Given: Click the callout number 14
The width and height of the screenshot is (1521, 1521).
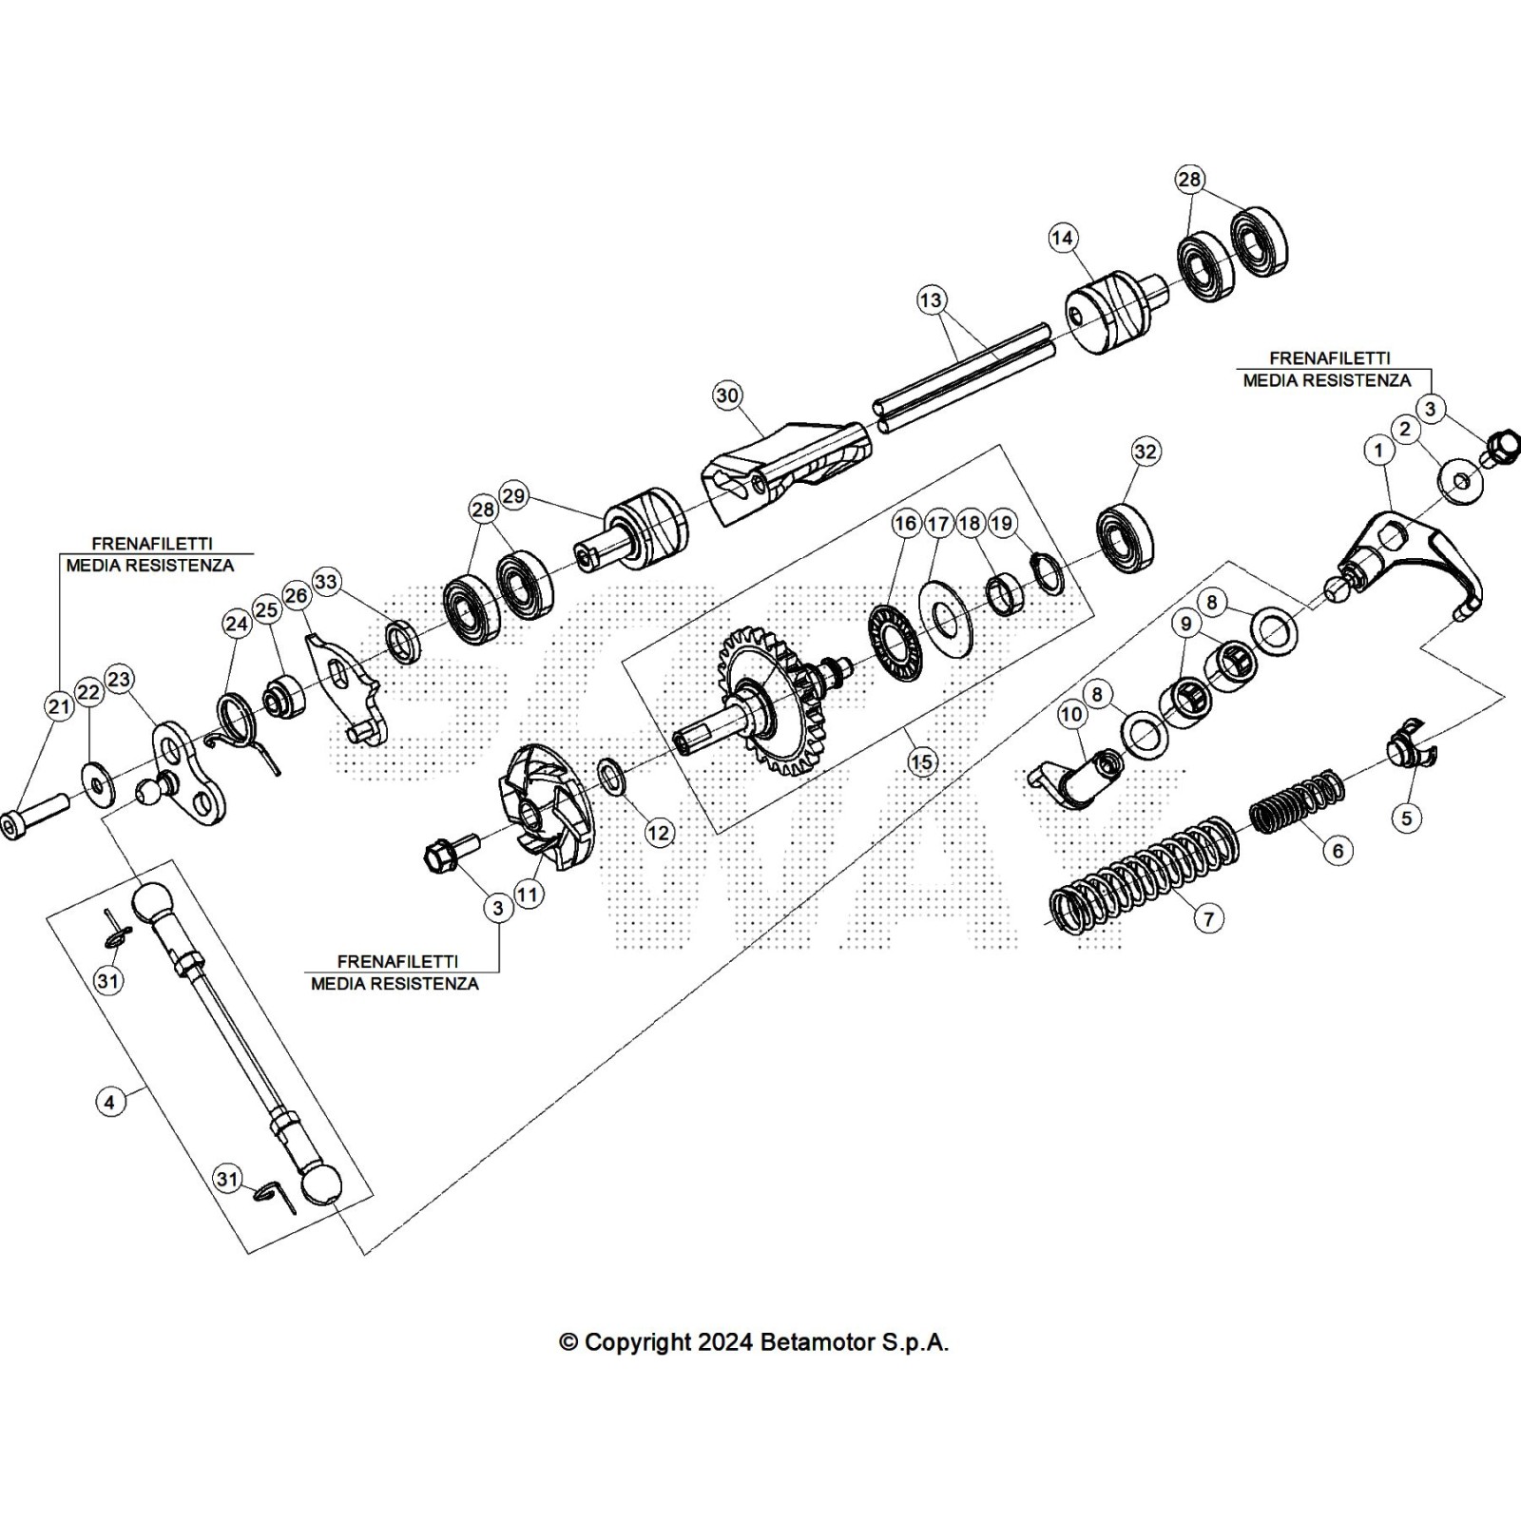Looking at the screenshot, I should (1063, 238).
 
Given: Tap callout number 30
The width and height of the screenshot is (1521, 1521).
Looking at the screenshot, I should (727, 395).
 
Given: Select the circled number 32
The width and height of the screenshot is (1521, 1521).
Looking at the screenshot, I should (1146, 452).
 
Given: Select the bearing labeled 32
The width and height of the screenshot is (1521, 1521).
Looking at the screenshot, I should (1125, 540).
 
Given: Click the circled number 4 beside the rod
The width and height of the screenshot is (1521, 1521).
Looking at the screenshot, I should (110, 1102).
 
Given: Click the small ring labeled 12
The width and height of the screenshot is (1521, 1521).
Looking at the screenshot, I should (611, 776).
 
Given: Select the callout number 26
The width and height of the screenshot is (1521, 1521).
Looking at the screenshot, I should (297, 596).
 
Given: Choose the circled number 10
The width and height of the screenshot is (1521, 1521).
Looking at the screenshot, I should (1071, 714).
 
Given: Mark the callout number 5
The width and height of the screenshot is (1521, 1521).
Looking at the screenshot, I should (1407, 817).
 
